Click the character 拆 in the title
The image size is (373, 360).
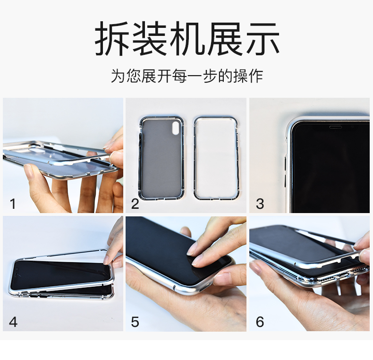click(112, 39)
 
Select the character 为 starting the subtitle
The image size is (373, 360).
click(118, 76)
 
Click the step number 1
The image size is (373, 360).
click(13, 204)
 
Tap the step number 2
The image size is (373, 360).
click(135, 204)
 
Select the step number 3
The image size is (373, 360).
click(260, 204)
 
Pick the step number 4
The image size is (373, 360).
click(13, 322)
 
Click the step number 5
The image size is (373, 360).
click(135, 322)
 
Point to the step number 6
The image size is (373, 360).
click(260, 322)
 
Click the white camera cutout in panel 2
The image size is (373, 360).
click(176, 128)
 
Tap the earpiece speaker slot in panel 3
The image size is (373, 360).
click(336, 127)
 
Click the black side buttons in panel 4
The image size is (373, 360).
click(38, 295)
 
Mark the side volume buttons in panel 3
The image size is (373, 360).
click(286, 171)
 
